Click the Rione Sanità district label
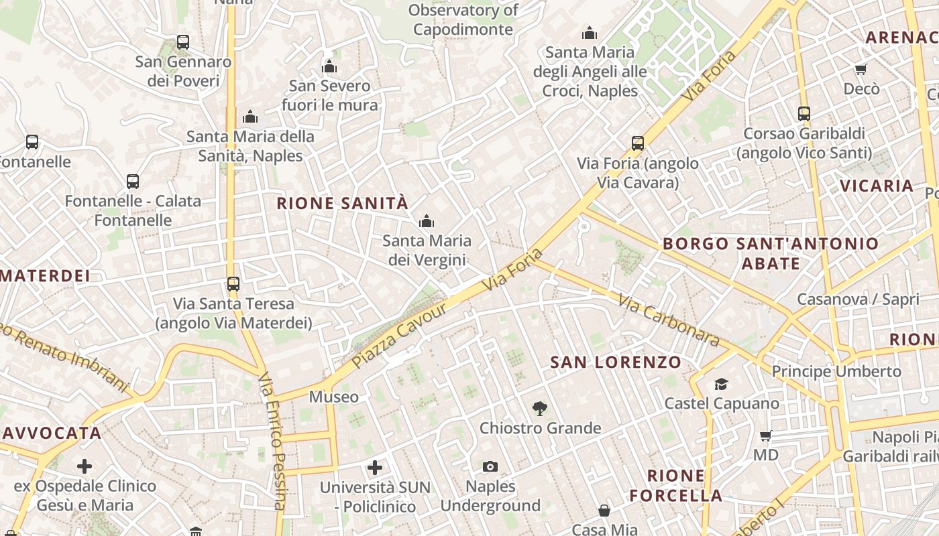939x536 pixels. [342, 203]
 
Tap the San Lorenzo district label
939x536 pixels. [616, 362]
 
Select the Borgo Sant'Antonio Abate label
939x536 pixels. [771, 253]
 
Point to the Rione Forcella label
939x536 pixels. [675, 486]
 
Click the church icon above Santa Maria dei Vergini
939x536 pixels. [427, 221]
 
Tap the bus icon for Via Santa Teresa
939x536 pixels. [233, 284]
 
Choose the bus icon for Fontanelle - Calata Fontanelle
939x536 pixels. [133, 182]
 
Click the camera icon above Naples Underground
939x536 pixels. [490, 466]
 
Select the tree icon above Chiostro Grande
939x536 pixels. [539, 409]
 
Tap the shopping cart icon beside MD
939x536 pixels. [766, 436]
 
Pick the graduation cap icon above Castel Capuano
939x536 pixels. [721, 384]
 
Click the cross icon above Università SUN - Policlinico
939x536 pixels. [375, 467]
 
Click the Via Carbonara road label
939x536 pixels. [668, 322]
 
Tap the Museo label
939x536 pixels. [333, 397]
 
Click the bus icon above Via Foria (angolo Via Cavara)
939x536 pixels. [637, 143]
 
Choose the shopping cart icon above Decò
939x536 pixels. [861, 70]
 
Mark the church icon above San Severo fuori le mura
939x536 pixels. [329, 67]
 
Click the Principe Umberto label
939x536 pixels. [836, 371]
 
